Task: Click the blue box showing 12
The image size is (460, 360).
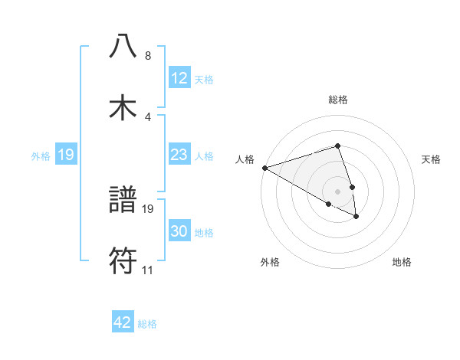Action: (x=179, y=78)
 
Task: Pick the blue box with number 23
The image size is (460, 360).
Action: (x=179, y=155)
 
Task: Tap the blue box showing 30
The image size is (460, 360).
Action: (x=179, y=231)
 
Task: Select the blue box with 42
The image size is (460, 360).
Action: (x=123, y=322)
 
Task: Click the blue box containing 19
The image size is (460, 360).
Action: (x=66, y=155)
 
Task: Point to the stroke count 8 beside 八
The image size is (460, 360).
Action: (x=147, y=56)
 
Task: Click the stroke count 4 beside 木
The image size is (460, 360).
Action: (x=147, y=116)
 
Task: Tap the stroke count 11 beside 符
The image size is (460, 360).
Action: (x=147, y=270)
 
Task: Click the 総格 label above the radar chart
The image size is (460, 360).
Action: (x=337, y=100)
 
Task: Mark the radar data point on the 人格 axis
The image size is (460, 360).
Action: (x=264, y=167)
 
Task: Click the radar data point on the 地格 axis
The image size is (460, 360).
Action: (x=357, y=217)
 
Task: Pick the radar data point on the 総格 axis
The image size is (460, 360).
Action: (x=337, y=146)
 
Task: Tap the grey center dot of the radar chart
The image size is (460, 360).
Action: (x=337, y=191)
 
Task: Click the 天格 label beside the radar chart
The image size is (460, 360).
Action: (x=432, y=159)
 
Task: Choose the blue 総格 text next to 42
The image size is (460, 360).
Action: (x=147, y=324)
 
